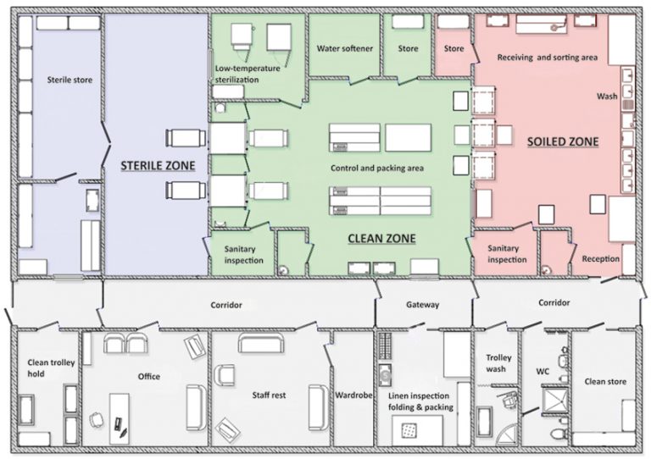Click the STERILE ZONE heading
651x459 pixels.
[158, 166]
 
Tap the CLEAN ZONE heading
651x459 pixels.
[381, 239]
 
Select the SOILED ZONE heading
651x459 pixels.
[563, 141]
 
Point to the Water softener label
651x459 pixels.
[345, 48]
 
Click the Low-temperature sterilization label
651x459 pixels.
[248, 74]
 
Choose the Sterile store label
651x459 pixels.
[70, 80]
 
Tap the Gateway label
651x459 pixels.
[422, 305]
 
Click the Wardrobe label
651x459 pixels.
[353, 395]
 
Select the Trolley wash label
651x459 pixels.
[498, 363]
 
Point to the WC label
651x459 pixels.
[542, 372]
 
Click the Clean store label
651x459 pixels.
[605, 381]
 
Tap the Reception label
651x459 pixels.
[600, 259]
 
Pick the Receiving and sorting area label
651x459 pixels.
[548, 58]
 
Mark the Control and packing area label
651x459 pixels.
[377, 168]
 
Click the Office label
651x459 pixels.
[149, 377]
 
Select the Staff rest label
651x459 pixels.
[269, 395]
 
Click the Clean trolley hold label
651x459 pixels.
[51, 368]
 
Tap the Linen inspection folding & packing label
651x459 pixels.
[420, 401]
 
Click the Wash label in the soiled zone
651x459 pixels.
[607, 97]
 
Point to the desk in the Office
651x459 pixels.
[120, 418]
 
